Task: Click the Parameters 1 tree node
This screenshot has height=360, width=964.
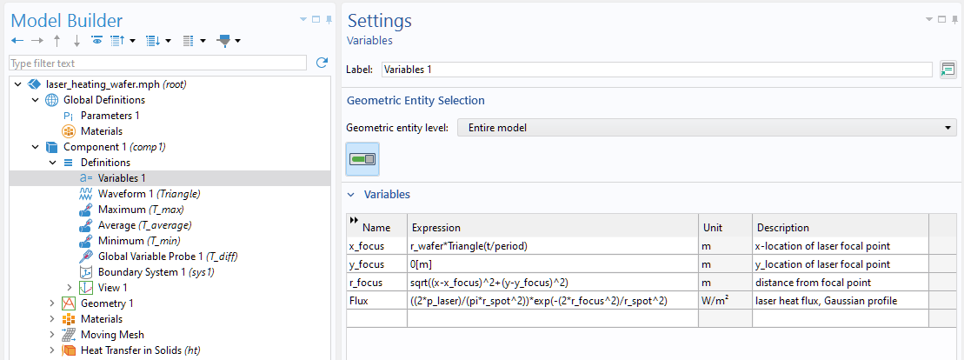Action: [110, 115]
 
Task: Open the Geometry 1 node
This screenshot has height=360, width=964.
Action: [107, 303]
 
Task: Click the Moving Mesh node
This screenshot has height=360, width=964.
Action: [112, 335]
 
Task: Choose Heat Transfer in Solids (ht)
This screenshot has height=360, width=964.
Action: [140, 350]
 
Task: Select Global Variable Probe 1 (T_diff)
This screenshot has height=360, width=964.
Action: [168, 257]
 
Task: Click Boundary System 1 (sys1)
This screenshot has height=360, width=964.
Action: [156, 272]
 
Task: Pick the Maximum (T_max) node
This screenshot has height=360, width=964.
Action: [140, 210]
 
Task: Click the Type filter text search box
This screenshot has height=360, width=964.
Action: [157, 63]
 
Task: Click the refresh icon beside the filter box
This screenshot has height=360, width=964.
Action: [322, 63]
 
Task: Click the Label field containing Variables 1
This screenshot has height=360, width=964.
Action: [656, 70]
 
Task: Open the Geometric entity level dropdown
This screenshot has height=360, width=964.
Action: [707, 128]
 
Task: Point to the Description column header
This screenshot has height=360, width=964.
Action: [782, 228]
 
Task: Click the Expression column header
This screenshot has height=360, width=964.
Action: [436, 228]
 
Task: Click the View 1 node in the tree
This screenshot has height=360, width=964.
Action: [112, 288]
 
